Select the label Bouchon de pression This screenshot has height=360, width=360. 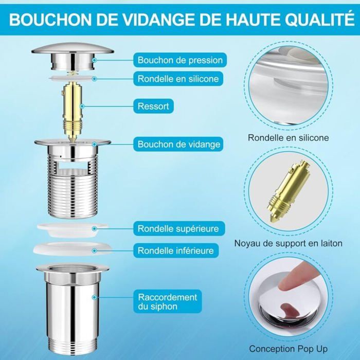(180, 60)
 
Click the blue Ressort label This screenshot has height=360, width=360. (153, 106)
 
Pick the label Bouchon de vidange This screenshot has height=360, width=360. (178, 144)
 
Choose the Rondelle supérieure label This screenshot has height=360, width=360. (179, 228)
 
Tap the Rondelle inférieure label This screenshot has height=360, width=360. (176, 250)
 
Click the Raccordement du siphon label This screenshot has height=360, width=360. (168, 301)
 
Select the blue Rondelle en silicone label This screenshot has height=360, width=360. (178, 79)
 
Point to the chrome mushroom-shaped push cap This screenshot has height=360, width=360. (73, 56)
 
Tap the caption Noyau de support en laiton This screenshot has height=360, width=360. (289, 243)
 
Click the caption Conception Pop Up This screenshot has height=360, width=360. (289, 349)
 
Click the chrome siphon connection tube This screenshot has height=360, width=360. (73, 308)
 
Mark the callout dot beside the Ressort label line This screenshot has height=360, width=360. (82, 106)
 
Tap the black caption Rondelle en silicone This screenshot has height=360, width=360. (289, 138)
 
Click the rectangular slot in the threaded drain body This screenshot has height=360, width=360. (73, 165)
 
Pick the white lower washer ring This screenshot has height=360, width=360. (73, 249)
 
